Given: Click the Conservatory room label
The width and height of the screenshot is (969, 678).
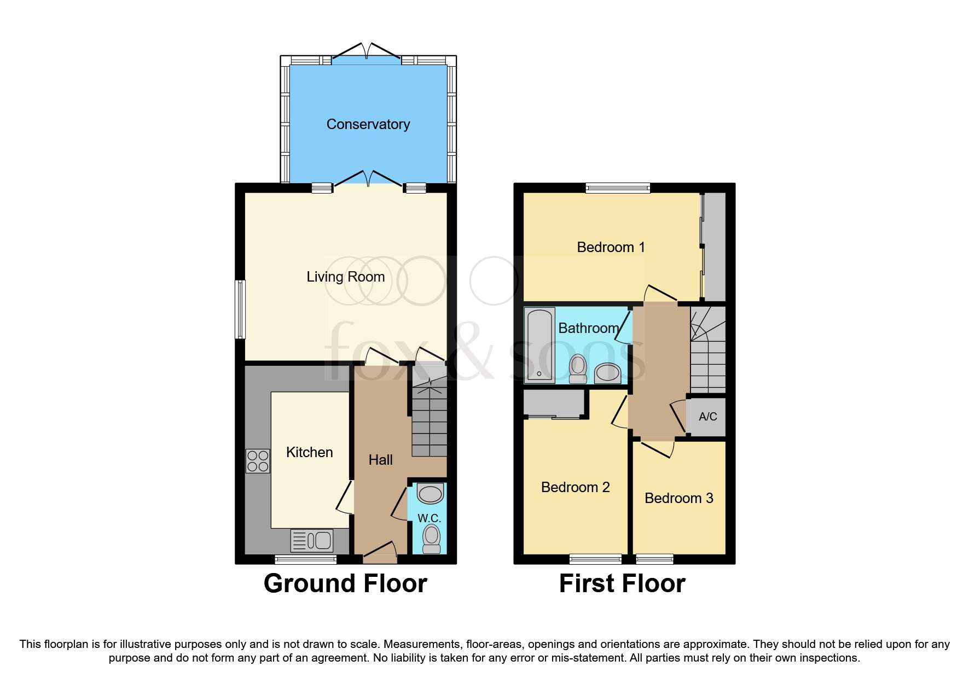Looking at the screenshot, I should [x=368, y=125].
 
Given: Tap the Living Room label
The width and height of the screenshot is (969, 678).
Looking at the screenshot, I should [x=345, y=277].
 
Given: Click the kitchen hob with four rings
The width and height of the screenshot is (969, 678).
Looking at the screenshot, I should [x=258, y=461].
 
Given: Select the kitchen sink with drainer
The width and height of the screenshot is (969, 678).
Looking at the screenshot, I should [x=312, y=541].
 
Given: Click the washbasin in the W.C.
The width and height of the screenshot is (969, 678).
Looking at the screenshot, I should [x=430, y=494].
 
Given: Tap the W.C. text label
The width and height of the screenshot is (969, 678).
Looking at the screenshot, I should [x=429, y=518].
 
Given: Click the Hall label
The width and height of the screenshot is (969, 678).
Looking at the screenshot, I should [x=380, y=460].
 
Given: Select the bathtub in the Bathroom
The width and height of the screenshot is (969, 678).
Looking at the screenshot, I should [x=539, y=345].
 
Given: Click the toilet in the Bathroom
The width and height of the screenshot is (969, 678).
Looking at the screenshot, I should [x=578, y=369].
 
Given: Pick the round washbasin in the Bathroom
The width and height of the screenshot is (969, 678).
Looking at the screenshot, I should [x=607, y=373].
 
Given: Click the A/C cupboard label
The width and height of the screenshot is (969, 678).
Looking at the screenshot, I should [x=707, y=417].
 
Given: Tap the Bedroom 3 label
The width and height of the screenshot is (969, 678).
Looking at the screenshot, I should [x=678, y=498].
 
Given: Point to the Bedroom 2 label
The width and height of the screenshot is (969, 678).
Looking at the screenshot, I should [x=575, y=487].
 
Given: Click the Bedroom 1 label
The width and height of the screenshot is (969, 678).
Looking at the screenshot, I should [x=611, y=247].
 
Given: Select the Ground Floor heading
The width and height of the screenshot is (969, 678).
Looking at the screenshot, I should [x=345, y=583].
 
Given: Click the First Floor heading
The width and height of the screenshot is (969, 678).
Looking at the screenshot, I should [x=622, y=583].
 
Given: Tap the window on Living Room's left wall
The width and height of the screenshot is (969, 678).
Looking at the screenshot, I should [x=240, y=309].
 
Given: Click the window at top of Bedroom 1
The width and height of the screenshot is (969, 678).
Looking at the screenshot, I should [x=618, y=188].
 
